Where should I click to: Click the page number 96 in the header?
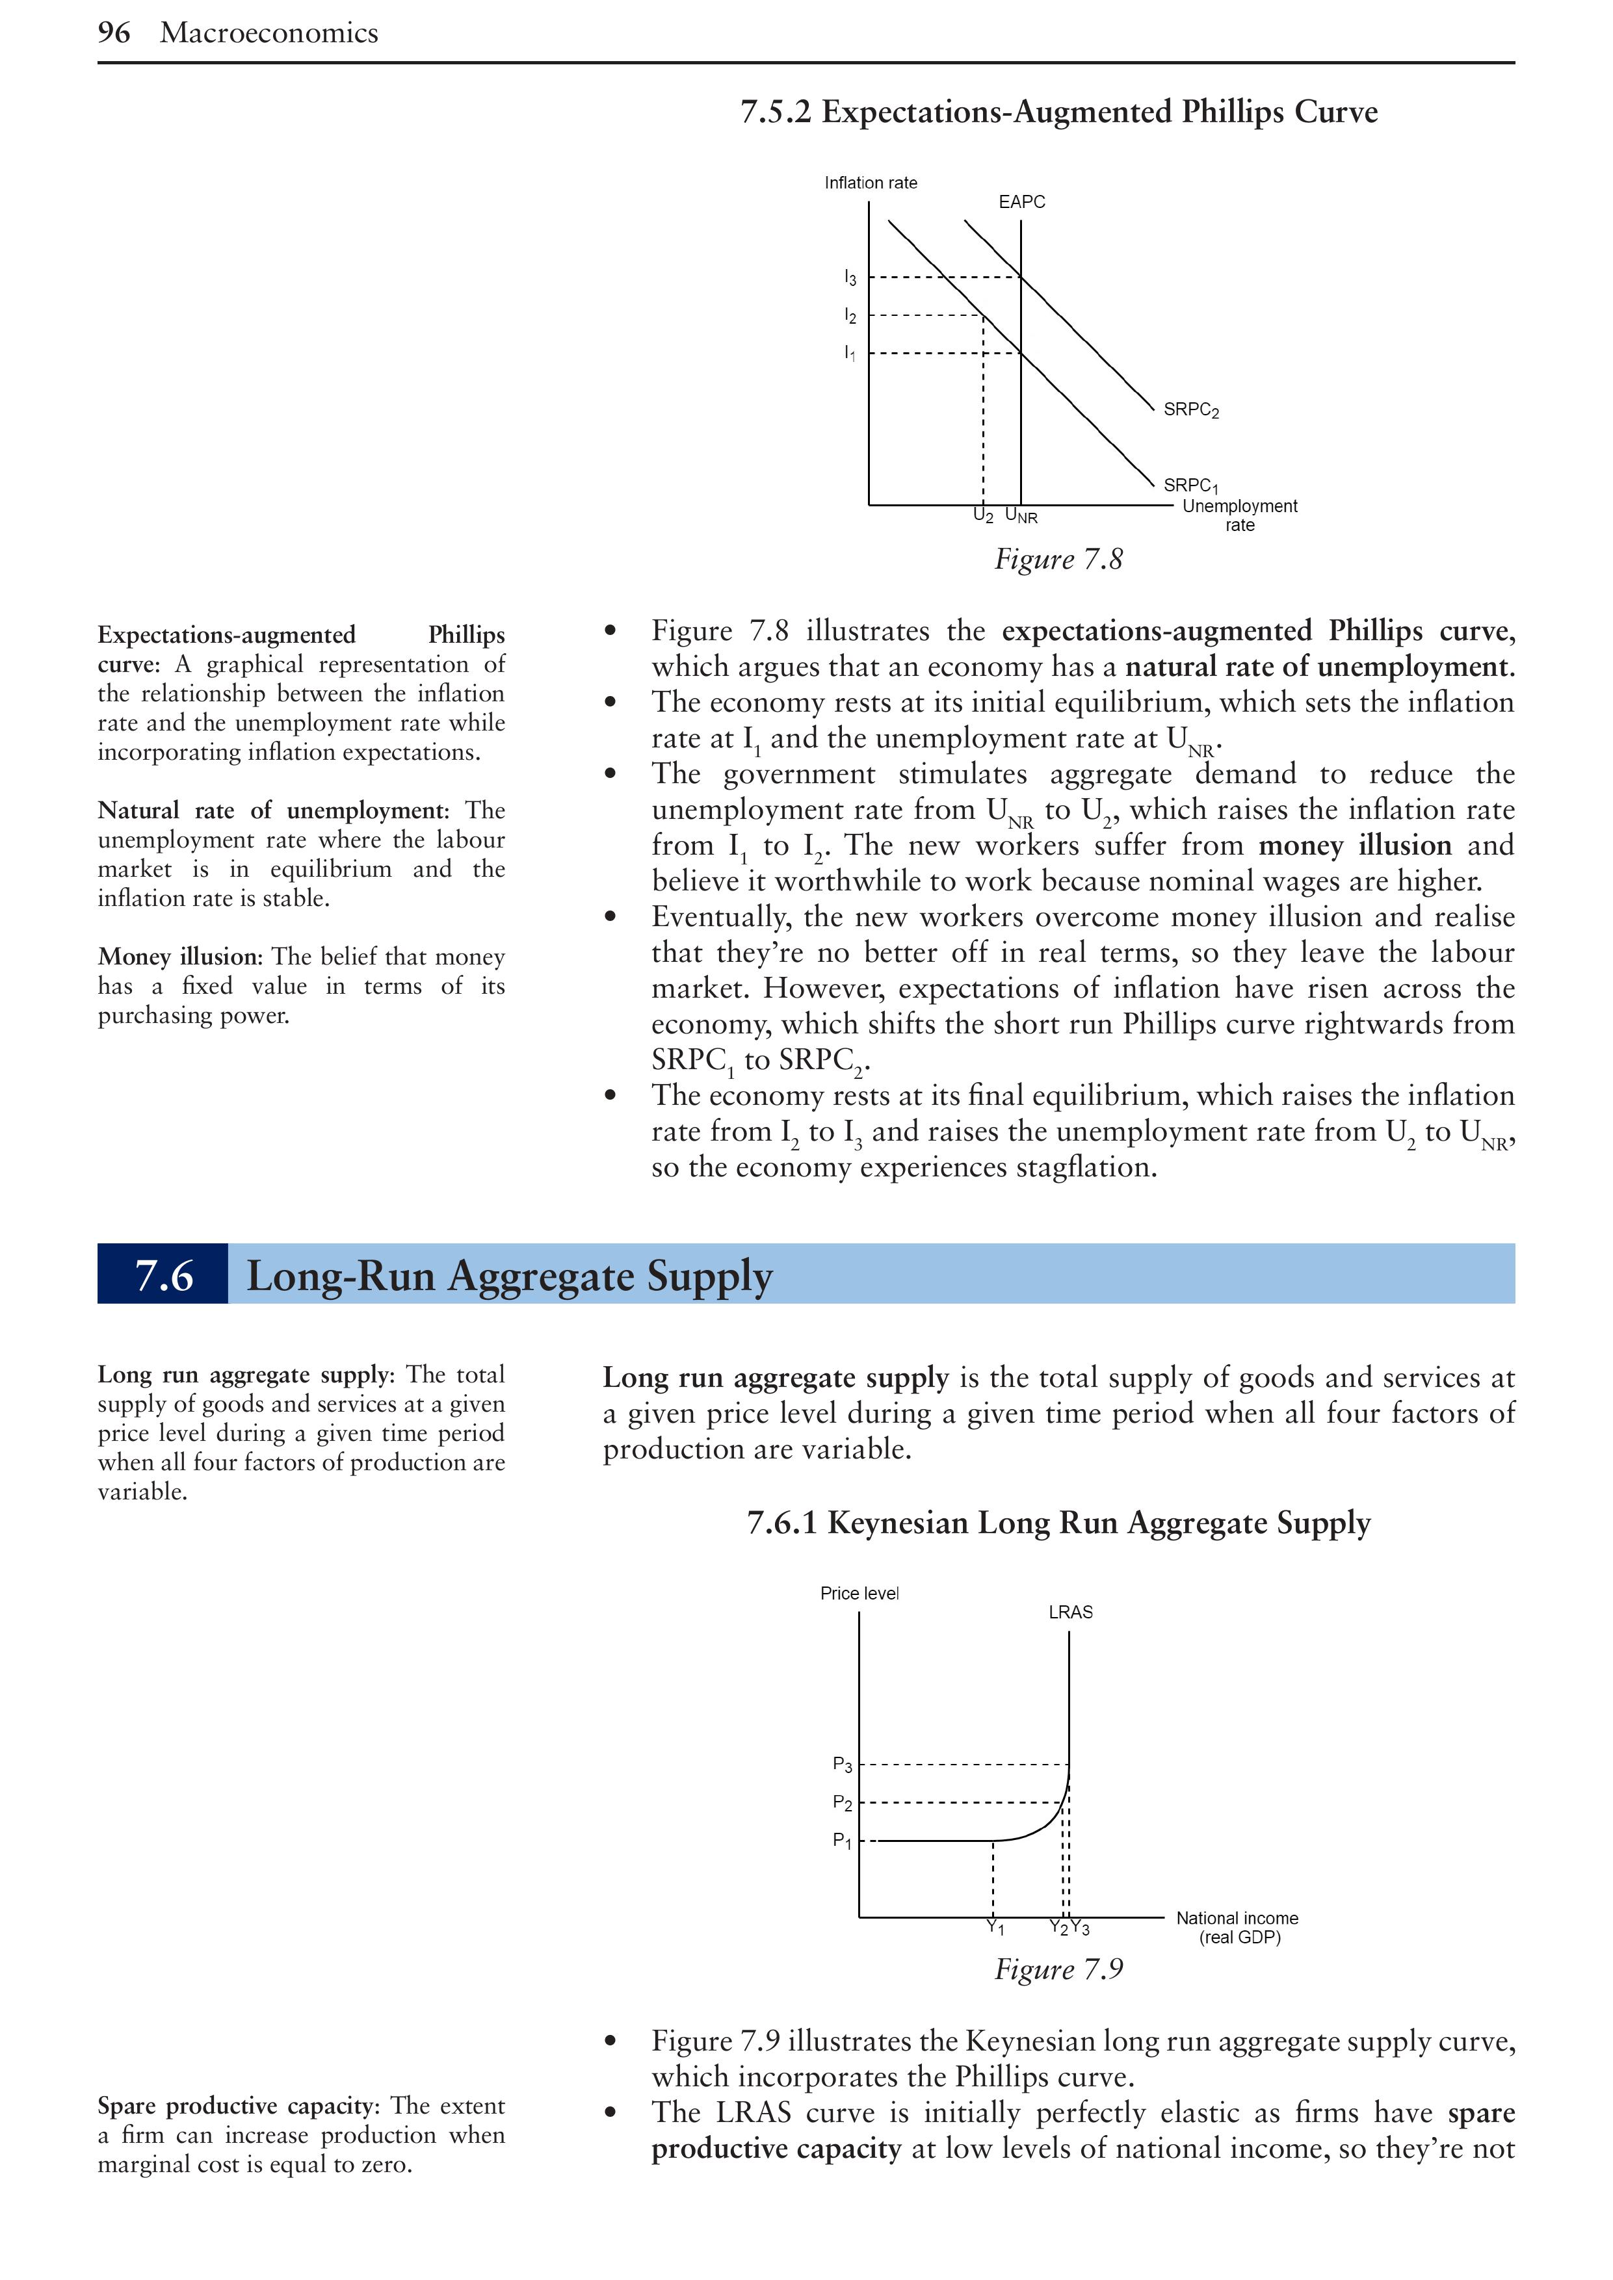113,32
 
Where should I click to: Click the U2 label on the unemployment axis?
982,515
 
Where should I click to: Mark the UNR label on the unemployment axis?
1021,516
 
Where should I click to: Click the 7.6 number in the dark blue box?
163,1275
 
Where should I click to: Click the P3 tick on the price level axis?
842,1765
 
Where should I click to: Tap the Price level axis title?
859,1593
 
